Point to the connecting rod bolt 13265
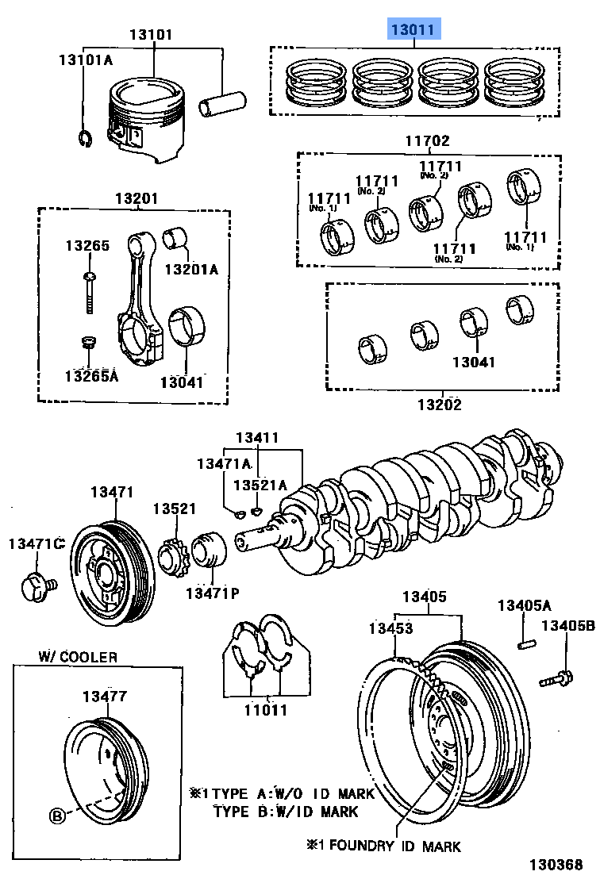point(89,294)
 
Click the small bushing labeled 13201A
point(175,239)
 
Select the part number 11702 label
point(429,141)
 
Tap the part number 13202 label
point(440,404)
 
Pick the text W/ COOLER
point(78,657)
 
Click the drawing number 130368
point(558,862)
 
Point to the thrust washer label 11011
point(265,711)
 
